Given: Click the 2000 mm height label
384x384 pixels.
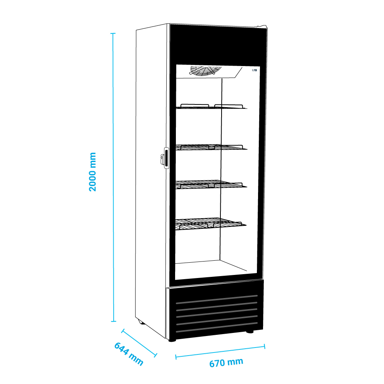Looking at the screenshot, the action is click(x=93, y=172).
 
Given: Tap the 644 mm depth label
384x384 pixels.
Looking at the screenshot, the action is click(x=129, y=354).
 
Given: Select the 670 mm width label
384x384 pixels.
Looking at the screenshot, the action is click(x=226, y=363).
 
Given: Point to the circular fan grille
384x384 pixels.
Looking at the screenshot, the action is click(x=205, y=70).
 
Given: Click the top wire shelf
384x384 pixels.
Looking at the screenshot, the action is click(x=211, y=106).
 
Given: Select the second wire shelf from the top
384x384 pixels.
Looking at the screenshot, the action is click(x=211, y=147).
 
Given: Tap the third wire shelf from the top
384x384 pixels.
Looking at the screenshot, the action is click(x=211, y=184).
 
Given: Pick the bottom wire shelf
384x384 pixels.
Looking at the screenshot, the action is click(x=210, y=224).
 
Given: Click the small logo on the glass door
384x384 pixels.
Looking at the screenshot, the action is click(x=255, y=70).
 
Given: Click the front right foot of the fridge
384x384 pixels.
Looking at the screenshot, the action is click(x=250, y=332).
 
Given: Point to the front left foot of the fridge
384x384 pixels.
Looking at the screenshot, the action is click(x=172, y=340).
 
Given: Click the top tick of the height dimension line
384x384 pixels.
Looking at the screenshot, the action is click(x=113, y=33).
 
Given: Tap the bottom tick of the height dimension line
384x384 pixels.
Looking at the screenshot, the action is click(x=113, y=321).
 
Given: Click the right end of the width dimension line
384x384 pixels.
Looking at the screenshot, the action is click(x=265, y=346).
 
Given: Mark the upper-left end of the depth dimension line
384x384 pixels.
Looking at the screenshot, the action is click(x=123, y=331).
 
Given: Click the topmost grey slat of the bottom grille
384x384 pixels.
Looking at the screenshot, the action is click(x=217, y=299).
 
